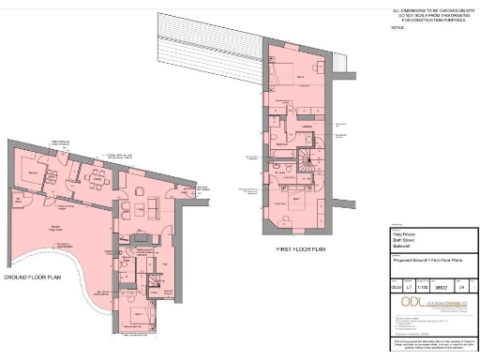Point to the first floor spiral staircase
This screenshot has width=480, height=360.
308,158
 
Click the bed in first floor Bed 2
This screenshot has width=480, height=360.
282,71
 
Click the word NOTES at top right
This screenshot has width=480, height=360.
396,27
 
